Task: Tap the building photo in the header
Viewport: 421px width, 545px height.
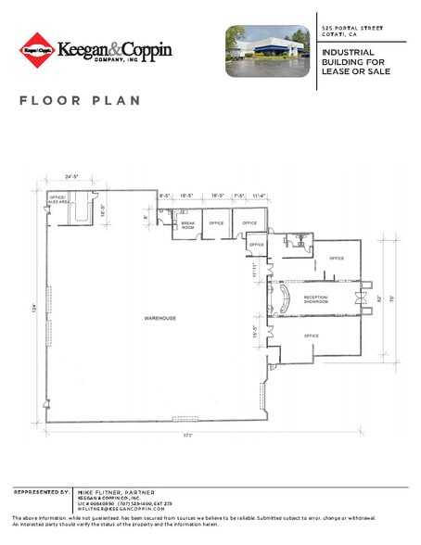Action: click(x=267, y=51)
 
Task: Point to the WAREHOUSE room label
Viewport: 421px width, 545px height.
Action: click(x=159, y=318)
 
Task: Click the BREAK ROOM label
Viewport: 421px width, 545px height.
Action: click(x=187, y=225)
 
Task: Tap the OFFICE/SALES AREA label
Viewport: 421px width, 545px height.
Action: click(x=59, y=198)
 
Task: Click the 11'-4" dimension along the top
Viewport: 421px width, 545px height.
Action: click(x=259, y=196)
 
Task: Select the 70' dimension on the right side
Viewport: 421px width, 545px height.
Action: click(x=392, y=298)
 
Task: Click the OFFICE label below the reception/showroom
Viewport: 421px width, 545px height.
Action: click(x=311, y=336)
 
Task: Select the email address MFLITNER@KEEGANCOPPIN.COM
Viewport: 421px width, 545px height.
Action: click(x=121, y=509)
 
